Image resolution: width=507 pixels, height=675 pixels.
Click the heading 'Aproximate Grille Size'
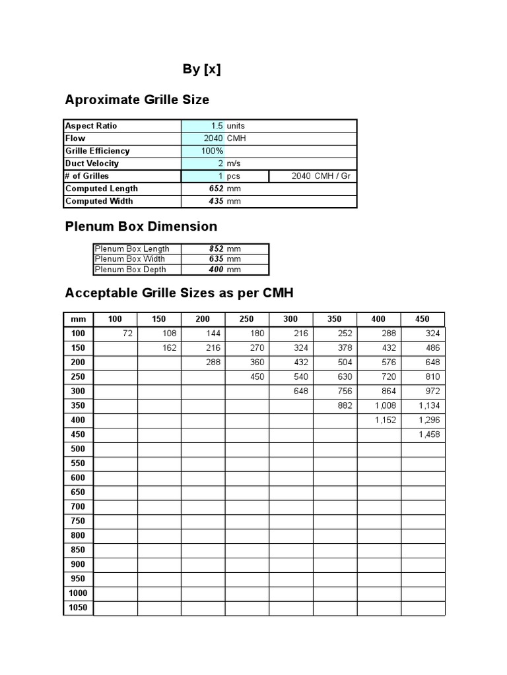[x=137, y=100]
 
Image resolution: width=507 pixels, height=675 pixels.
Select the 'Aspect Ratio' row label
[x=91, y=126]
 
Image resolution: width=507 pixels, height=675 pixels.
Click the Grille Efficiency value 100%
[x=213, y=151]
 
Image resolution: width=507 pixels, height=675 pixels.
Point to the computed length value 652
[x=215, y=189]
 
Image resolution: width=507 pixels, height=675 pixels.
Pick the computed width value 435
[x=215, y=201]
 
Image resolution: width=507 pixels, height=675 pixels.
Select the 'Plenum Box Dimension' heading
[x=141, y=226]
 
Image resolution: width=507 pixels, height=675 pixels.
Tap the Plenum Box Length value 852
[x=215, y=249]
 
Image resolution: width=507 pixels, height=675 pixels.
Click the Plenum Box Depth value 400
[x=215, y=270]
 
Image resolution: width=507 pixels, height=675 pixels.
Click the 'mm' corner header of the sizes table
[x=79, y=319]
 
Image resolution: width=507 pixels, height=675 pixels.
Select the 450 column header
[x=422, y=319]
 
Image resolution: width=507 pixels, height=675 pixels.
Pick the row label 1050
[x=79, y=608]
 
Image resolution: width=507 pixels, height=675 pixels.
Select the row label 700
[x=79, y=506]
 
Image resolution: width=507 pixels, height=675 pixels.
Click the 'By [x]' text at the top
[x=201, y=69]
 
